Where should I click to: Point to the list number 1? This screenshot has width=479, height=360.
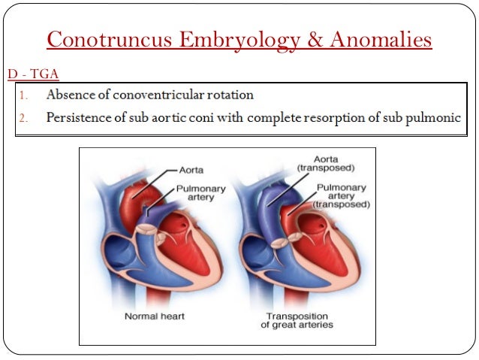(x=25, y=96)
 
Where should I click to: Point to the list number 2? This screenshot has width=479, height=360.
(x=25, y=118)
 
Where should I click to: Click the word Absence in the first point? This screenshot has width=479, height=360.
(x=70, y=95)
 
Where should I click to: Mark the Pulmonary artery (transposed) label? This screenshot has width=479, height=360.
(x=342, y=195)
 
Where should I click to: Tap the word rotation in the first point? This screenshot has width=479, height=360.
(x=230, y=95)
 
